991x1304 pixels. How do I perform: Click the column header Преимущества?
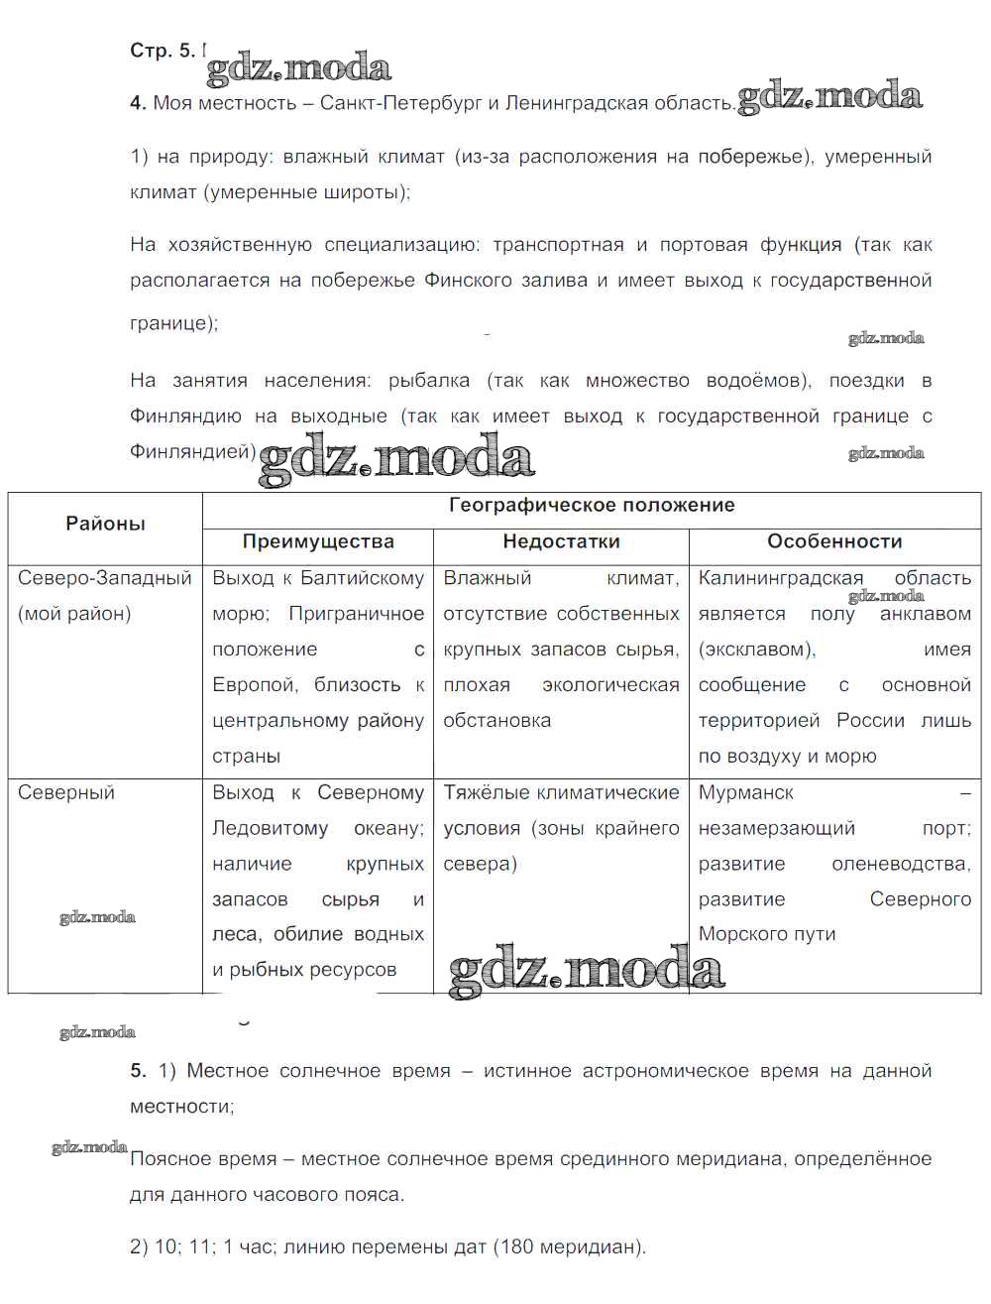[318, 541]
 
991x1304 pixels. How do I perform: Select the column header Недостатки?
[561, 541]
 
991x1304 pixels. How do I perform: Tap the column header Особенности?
[834, 541]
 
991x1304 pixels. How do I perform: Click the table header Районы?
[105, 524]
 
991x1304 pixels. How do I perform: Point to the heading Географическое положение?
[592, 505]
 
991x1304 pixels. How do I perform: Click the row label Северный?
[66, 792]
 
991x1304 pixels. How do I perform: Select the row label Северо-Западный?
[104, 578]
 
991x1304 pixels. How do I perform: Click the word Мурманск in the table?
[745, 792]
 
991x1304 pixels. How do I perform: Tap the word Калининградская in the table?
[781, 578]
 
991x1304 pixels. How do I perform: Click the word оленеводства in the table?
[901, 864]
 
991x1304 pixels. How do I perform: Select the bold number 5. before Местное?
[139, 1071]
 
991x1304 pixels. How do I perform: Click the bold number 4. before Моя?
[139, 103]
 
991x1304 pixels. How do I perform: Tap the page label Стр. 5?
[164, 51]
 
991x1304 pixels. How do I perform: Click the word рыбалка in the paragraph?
[429, 381]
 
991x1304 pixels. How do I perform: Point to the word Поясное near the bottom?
[167, 1158]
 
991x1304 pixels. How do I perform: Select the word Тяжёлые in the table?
[485, 792]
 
